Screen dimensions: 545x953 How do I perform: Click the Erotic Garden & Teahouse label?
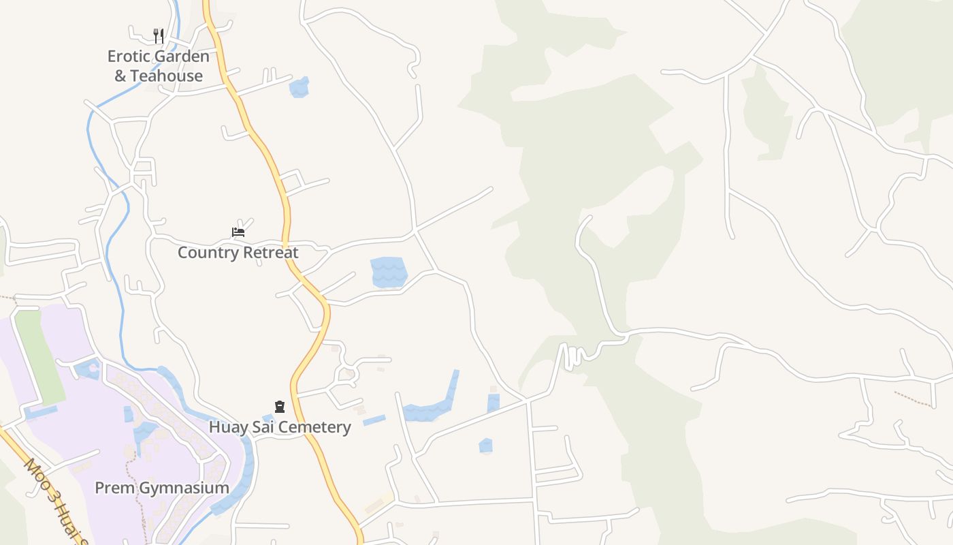pyautogui.click(x=158, y=66)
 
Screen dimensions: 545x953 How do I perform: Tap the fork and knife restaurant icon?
pyautogui.click(x=158, y=35)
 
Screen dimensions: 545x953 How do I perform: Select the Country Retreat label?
pyautogui.click(x=238, y=253)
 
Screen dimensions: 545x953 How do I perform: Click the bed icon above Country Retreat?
pyautogui.click(x=238, y=232)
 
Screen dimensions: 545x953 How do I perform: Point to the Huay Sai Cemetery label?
pyautogui.click(x=280, y=427)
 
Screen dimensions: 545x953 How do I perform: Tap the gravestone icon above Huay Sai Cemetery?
pyautogui.click(x=279, y=407)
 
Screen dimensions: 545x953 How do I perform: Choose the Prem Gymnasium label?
pyautogui.click(x=161, y=488)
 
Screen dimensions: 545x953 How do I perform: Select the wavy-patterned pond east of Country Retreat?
pyautogui.click(x=389, y=272)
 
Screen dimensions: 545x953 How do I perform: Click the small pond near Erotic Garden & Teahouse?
pyautogui.click(x=299, y=87)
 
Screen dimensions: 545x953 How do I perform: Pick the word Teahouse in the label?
pyautogui.click(x=167, y=76)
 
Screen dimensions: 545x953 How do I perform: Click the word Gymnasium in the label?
pyautogui.click(x=183, y=488)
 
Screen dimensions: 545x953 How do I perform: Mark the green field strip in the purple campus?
pyautogui.click(x=39, y=354)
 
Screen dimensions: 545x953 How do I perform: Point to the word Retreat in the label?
pyautogui.click(x=270, y=253)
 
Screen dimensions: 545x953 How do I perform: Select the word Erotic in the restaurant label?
pyautogui.click(x=130, y=56)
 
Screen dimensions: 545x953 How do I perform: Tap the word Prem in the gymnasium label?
pyautogui.click(x=114, y=488)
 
